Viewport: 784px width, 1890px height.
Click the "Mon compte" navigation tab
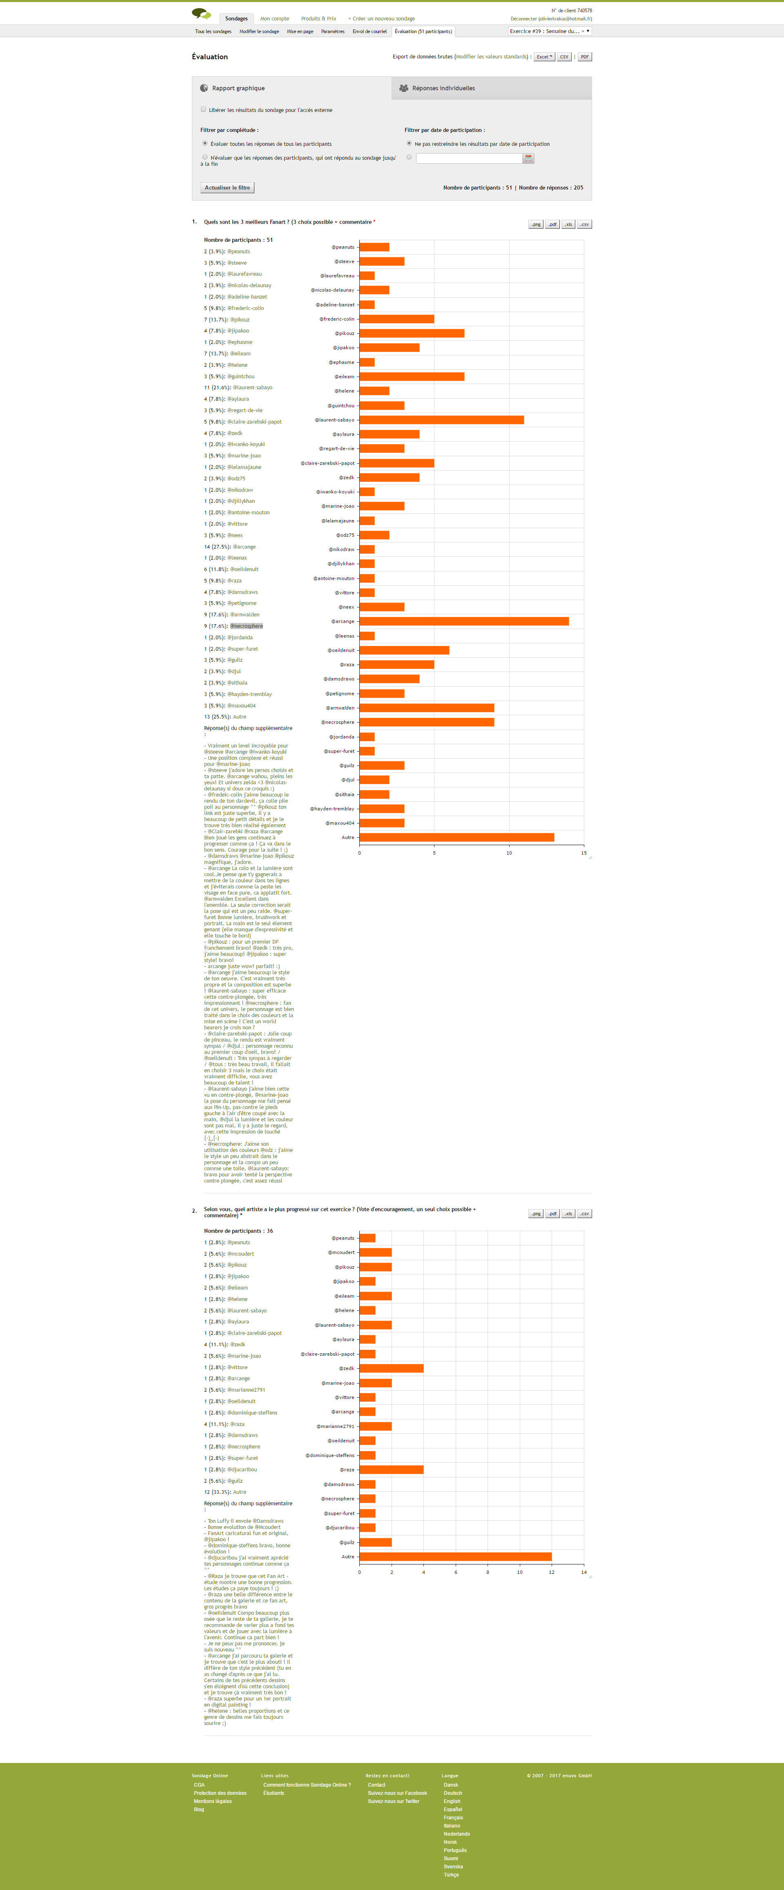(x=274, y=18)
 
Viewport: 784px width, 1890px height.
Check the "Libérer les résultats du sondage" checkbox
(x=203, y=109)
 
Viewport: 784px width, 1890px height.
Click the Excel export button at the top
(x=543, y=56)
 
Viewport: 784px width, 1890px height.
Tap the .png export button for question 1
(x=535, y=225)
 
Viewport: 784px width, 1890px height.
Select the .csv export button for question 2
(x=584, y=1214)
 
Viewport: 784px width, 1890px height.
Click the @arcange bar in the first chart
(x=463, y=621)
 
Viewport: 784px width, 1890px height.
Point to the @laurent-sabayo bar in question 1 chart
(x=441, y=420)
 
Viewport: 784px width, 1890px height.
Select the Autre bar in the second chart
(x=455, y=1556)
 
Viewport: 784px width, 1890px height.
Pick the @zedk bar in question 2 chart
(x=391, y=1368)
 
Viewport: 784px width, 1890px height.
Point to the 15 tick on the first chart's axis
(x=584, y=852)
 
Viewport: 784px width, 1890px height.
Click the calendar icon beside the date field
(x=528, y=158)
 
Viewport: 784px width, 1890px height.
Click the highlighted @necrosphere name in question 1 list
(x=246, y=626)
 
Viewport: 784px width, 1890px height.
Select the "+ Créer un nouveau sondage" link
(x=381, y=18)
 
